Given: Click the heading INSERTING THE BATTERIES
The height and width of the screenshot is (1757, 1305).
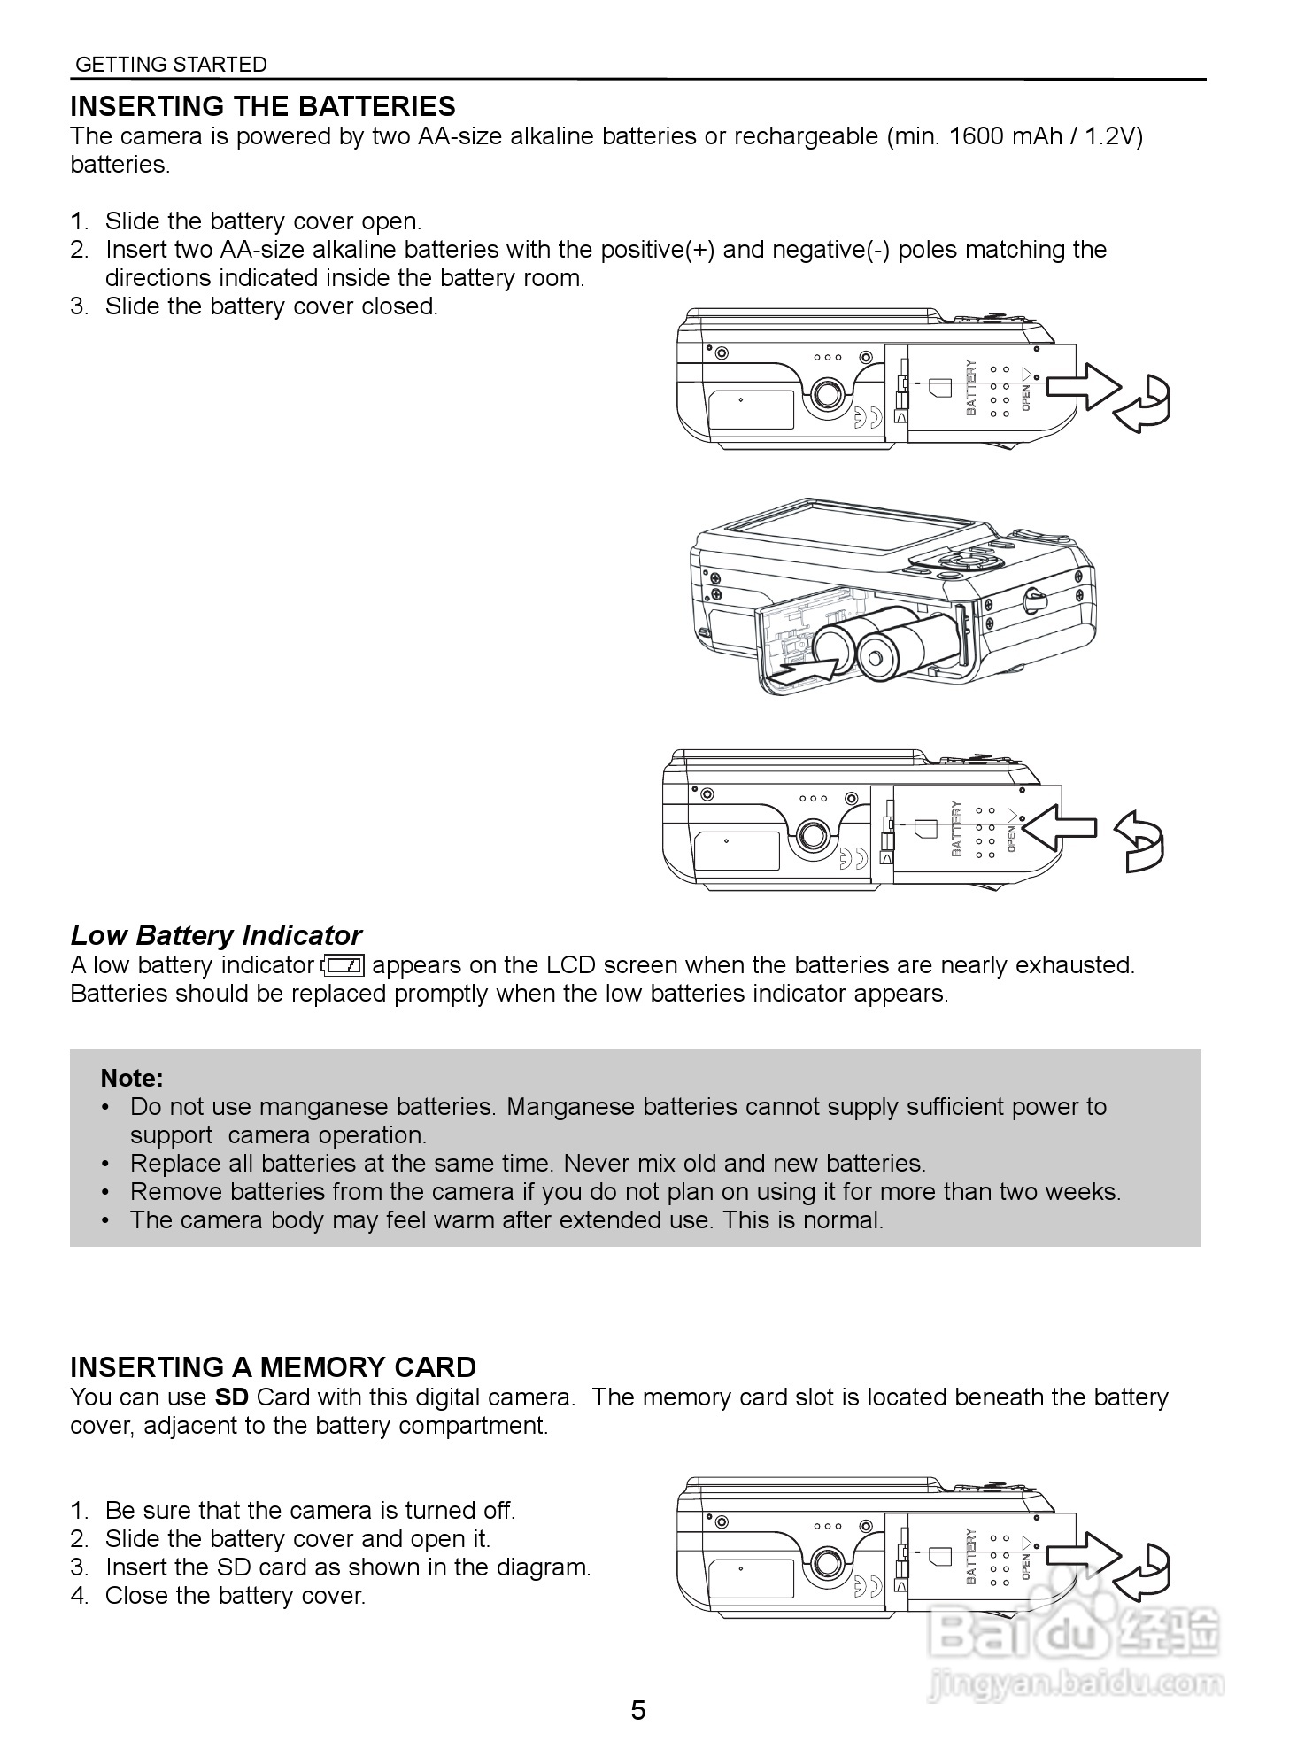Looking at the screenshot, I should tap(263, 106).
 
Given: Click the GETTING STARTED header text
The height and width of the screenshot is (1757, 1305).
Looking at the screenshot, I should tap(171, 65).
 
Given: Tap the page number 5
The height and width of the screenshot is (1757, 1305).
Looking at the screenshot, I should tap(638, 1710).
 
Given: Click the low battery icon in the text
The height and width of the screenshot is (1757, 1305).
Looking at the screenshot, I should tap(344, 965).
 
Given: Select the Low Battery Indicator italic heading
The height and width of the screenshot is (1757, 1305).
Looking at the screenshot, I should tap(216, 935).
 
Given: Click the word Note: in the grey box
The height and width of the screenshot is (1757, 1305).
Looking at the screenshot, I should tap(132, 1078).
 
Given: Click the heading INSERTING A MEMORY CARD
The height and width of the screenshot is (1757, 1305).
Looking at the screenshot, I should tap(273, 1367).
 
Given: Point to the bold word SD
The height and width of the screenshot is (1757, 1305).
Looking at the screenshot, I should tap(233, 1397).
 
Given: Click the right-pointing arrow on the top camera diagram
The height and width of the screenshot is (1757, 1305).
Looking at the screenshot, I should tap(1084, 387).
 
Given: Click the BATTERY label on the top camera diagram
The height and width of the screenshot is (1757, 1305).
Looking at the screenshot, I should tap(971, 387).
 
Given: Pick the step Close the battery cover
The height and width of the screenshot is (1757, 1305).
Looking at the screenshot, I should tap(235, 1596).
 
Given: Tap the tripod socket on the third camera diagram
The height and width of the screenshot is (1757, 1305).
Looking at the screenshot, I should tap(814, 832).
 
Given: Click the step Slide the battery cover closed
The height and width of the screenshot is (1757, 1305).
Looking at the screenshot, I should tap(271, 306).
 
